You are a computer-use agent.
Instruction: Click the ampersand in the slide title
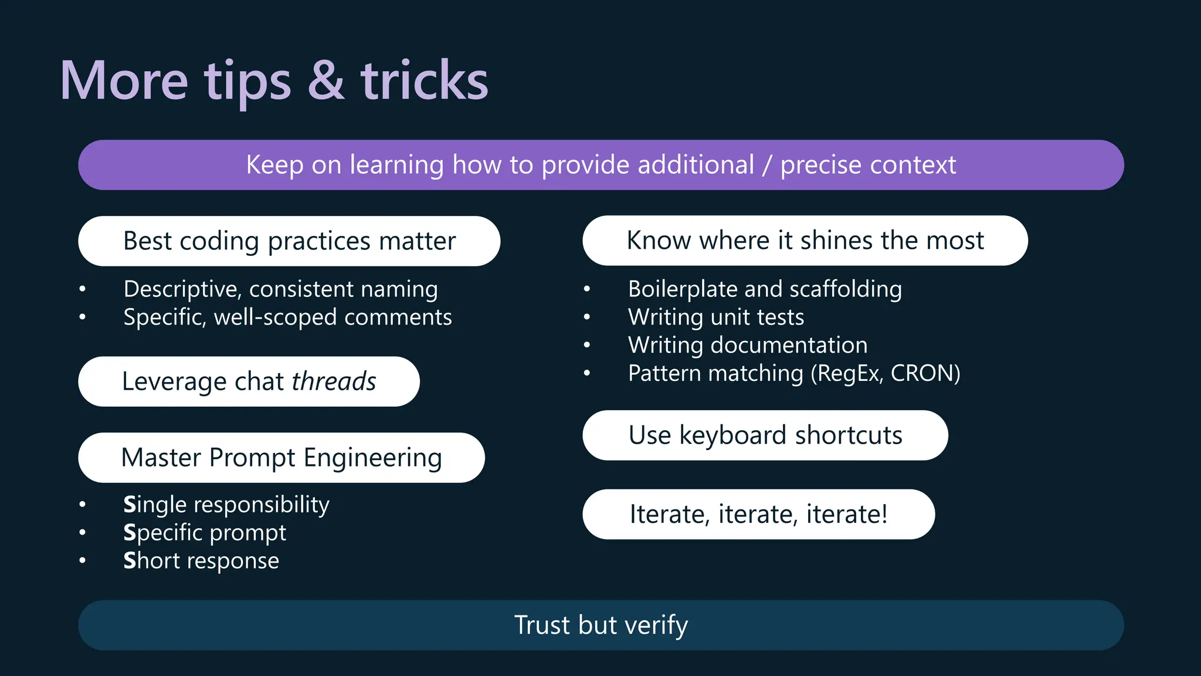click(326, 80)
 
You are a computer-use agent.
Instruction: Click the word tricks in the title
click(424, 80)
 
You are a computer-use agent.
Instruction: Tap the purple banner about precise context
click(600, 165)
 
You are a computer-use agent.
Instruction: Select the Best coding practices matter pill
click(289, 241)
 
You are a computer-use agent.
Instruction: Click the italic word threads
click(334, 381)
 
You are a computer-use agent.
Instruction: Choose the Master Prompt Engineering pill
click(281, 458)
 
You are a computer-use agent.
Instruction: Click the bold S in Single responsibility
click(130, 505)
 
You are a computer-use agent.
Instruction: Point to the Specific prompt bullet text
click(205, 533)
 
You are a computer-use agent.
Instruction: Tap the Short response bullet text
click(201, 561)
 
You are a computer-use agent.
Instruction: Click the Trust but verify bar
click(600, 625)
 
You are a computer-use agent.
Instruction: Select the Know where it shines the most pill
click(805, 241)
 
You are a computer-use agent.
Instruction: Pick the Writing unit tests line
click(715, 317)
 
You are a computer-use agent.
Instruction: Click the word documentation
click(789, 345)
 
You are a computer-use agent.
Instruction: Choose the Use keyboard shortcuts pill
click(765, 435)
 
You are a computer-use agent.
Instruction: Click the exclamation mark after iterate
click(884, 513)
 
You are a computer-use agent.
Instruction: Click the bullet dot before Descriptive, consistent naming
click(83, 289)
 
